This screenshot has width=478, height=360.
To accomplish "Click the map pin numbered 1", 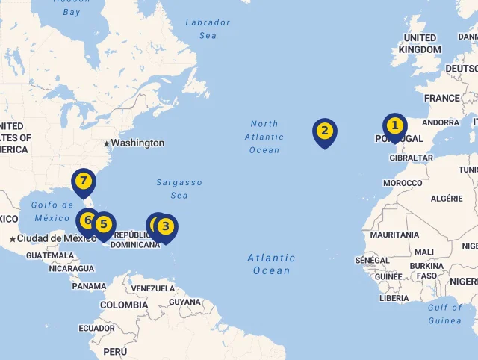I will [394, 126].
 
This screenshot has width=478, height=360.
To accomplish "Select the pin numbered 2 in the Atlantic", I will [324, 132].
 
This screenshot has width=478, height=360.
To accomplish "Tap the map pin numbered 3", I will [166, 226].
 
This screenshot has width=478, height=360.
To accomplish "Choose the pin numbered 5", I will [104, 224].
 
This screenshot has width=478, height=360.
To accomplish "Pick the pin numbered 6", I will [87, 221].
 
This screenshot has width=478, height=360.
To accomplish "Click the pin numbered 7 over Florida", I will [84, 181].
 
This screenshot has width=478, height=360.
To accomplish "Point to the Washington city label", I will [137, 143].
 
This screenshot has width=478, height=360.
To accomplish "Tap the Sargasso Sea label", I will [179, 189].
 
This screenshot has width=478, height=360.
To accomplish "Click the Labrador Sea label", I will [208, 28].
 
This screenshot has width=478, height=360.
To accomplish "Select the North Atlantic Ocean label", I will [264, 137].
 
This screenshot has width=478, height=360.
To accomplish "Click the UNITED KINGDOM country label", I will [420, 43].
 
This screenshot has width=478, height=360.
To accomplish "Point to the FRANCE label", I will [442, 98].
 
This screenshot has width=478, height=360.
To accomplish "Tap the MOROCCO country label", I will [403, 183].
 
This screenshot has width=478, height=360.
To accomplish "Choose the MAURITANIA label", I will [394, 235].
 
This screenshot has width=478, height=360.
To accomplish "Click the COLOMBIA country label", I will [124, 305].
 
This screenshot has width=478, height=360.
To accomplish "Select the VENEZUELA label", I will [153, 288].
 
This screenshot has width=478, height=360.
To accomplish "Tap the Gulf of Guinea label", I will [445, 314].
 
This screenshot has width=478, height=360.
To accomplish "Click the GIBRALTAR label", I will [412, 158].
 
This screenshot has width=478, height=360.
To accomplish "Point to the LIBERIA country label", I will [394, 298].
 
